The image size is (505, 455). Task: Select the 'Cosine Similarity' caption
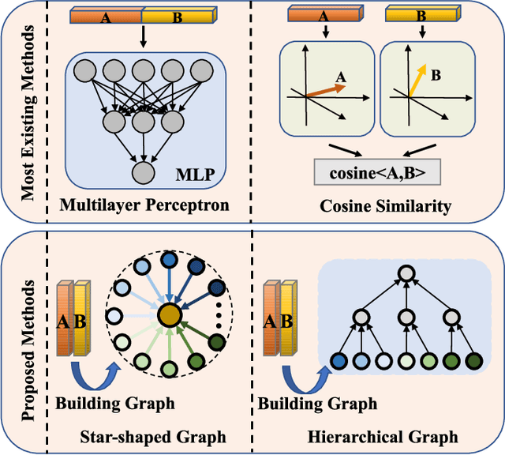(x=385, y=207)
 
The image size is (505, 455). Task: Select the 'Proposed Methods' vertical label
(x=28, y=340)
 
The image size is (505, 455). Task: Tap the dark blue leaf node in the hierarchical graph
(x=339, y=361)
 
